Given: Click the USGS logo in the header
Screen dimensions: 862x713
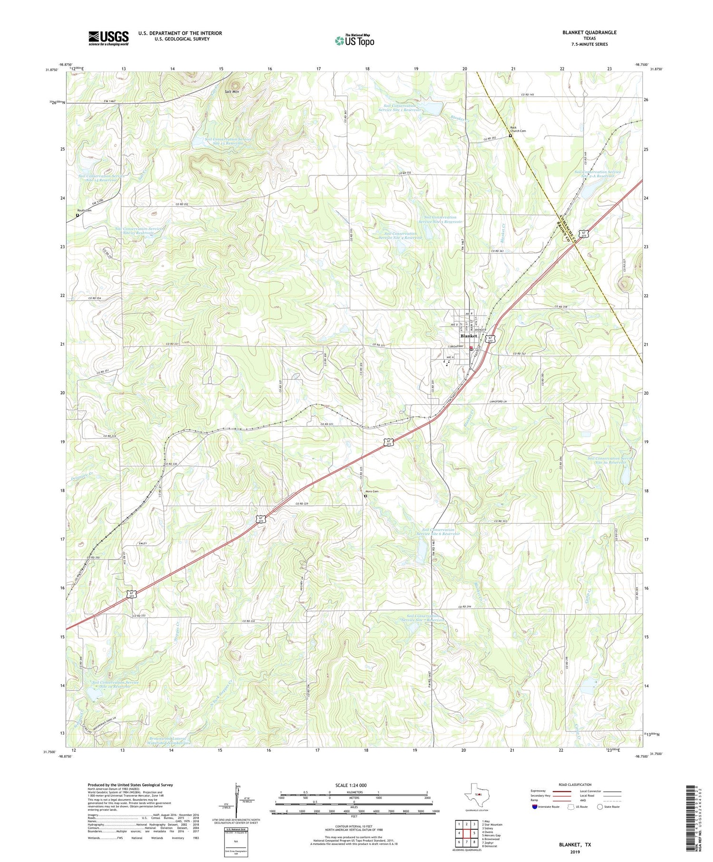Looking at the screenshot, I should click(108, 38).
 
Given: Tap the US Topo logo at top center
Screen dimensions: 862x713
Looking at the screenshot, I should click(354, 40).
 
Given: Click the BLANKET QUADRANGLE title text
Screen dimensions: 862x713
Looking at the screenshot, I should click(589, 32).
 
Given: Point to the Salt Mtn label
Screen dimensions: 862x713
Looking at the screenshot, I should click(232, 91).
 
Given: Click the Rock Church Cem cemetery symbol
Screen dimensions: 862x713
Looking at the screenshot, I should click(511, 136).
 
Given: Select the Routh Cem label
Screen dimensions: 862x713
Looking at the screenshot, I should click(85, 210).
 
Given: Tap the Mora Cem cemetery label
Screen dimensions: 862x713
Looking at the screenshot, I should click(372, 491).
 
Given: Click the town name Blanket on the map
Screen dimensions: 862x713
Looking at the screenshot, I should click(469, 336).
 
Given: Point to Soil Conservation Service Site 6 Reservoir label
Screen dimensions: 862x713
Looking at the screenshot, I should click(438, 532).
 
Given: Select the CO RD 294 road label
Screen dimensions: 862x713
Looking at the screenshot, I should click(468, 607).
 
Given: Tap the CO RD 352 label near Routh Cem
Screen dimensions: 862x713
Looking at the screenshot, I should click(182, 204).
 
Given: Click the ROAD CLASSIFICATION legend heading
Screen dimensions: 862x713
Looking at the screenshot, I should click(575, 785).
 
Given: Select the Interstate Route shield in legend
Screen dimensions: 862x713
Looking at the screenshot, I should click(535, 807).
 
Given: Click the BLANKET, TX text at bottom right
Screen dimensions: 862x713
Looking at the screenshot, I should click(574, 845).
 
